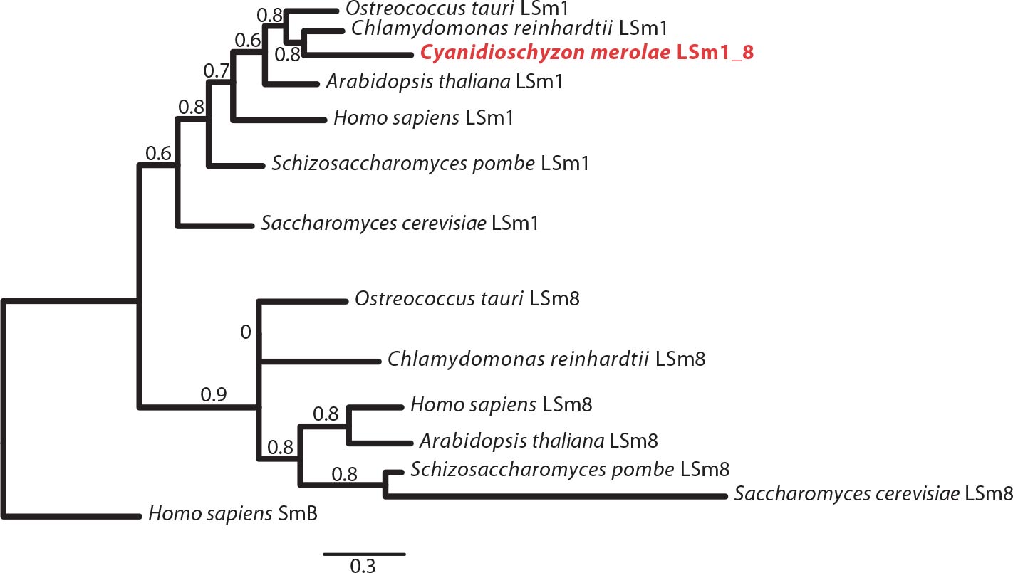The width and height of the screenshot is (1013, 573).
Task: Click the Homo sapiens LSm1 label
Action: coord(423,117)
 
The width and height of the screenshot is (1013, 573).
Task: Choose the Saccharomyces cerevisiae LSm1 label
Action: coord(399,224)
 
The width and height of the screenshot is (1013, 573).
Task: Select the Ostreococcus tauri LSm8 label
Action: coord(467,299)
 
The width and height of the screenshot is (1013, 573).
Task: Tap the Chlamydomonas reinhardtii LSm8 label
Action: coord(546,359)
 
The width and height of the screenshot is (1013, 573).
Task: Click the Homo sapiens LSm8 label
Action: coord(501,405)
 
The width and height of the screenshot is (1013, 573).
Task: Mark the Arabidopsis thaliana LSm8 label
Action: coord(538,441)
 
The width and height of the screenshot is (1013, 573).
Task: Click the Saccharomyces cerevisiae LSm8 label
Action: coord(873,493)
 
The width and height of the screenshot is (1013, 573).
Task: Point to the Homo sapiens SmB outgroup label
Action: coord(233,513)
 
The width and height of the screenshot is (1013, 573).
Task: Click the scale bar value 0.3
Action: coord(364,566)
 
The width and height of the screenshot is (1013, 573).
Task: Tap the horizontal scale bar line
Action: coord(364,553)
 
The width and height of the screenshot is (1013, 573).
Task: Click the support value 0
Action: coord(246,332)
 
